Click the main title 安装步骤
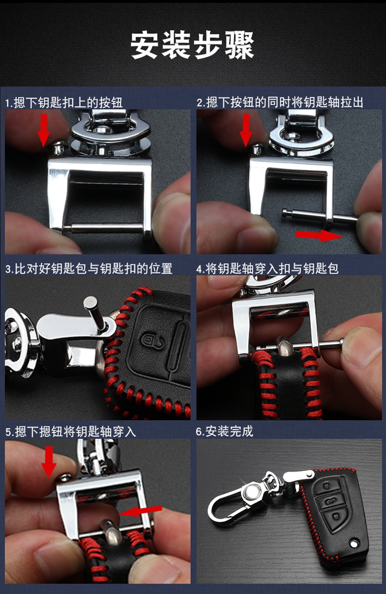click(192, 45)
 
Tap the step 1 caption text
click(64, 102)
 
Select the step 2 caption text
click(280, 102)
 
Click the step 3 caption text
click(89, 268)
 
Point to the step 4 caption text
click(267, 268)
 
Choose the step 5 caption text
click(71, 431)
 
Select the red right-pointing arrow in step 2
click(319, 235)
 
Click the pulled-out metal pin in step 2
click(320, 217)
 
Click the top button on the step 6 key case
click(327, 485)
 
